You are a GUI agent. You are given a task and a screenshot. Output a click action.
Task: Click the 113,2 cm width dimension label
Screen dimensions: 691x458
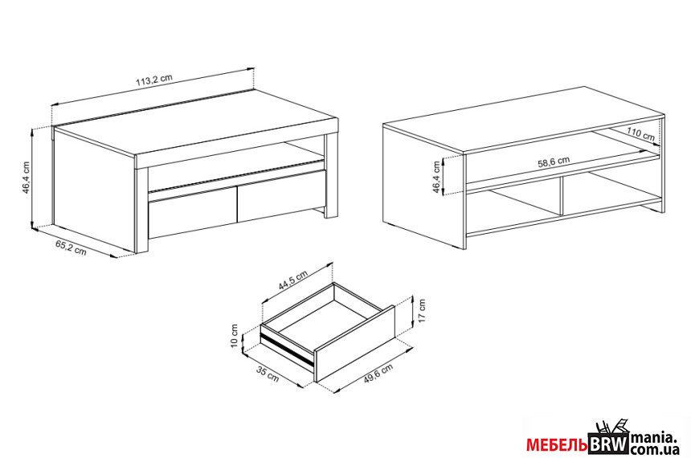click(x=153, y=80)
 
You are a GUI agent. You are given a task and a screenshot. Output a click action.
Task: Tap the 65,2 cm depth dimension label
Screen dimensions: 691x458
click(x=71, y=247)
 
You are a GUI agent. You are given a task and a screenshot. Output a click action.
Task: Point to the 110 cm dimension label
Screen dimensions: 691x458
click(x=640, y=133)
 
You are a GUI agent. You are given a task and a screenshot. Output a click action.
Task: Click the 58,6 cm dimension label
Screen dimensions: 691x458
click(x=554, y=161)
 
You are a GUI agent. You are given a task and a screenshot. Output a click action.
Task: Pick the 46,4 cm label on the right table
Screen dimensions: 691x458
click(x=436, y=178)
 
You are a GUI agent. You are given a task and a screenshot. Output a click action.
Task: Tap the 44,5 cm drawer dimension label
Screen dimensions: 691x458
click(x=293, y=280)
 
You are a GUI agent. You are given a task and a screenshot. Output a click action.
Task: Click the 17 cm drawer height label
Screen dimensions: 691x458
click(x=422, y=311)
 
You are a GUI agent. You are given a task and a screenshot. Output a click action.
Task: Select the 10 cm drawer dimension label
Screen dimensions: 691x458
click(x=235, y=335)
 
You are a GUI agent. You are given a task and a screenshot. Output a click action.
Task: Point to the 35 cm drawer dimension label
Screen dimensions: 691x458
click(x=268, y=374)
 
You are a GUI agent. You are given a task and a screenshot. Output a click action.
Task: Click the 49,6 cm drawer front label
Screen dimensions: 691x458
click(x=378, y=374)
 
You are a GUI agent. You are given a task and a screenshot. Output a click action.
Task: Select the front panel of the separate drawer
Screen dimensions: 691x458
click(x=355, y=343)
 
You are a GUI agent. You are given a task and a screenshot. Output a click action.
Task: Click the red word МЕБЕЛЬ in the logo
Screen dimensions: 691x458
click(x=557, y=445)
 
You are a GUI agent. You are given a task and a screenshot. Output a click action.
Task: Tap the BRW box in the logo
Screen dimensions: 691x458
click(x=609, y=444)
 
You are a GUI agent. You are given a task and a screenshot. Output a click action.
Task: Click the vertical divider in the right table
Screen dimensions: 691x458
click(x=562, y=197)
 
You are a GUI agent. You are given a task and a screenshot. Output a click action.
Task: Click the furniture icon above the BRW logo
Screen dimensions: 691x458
click(x=611, y=427)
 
